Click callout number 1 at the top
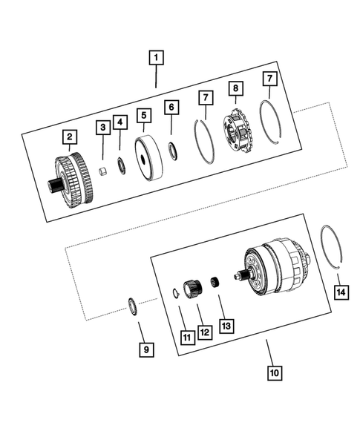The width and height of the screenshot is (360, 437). click(156, 56)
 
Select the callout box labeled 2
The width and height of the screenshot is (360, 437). click(68, 137)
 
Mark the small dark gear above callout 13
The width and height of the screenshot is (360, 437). click(217, 282)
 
